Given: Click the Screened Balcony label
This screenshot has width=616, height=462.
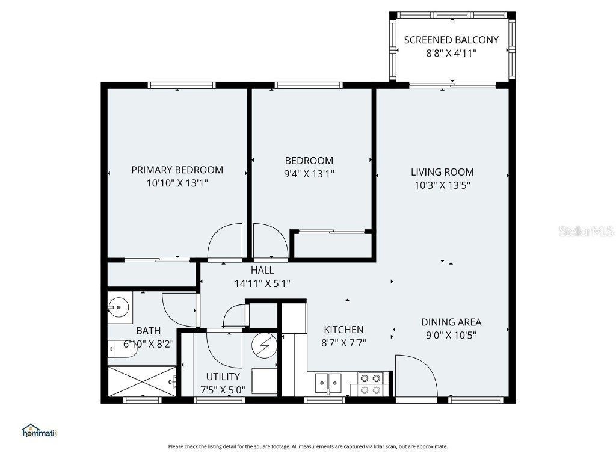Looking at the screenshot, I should [x=451, y=40].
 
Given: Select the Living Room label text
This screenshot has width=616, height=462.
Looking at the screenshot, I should [x=442, y=172].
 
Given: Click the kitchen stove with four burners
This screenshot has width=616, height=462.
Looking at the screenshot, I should [x=371, y=384].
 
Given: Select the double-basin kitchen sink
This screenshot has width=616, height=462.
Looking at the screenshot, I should [x=328, y=383].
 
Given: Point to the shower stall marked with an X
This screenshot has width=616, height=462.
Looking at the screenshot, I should [x=141, y=381].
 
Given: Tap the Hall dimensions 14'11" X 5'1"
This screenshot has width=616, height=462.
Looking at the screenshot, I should [x=262, y=283].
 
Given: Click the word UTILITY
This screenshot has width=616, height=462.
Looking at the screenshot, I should [x=223, y=377].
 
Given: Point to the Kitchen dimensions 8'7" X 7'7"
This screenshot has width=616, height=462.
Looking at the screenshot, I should [x=343, y=342].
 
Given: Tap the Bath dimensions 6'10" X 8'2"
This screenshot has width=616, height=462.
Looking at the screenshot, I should [x=149, y=345].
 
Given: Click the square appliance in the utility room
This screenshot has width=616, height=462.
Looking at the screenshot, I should [x=262, y=380].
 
